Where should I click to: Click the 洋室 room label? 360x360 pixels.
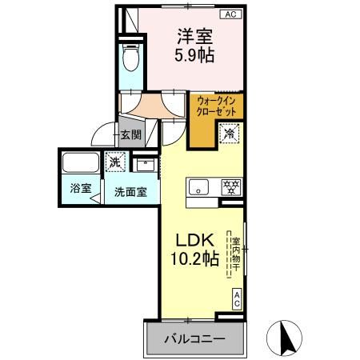pos(195,36)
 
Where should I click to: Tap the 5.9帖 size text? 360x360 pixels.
pos(194,55)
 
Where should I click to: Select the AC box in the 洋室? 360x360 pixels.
pos(230,14)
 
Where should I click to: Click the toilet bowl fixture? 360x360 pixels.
pos(130,58)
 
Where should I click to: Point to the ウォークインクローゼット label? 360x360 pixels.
pos(216,106)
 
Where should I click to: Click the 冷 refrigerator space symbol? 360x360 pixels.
pos(229,134)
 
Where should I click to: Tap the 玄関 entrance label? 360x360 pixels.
pos(130,135)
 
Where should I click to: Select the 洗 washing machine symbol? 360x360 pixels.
pos(115,162)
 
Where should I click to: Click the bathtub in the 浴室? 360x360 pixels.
pos(81,162)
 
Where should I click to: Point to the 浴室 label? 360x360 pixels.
pos(81,188)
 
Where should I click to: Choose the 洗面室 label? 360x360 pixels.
pos(130,192)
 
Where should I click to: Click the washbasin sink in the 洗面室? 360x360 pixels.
pos(145,165)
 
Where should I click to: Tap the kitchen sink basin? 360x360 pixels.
pos(198,186)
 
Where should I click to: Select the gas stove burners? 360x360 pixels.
pos(231,186)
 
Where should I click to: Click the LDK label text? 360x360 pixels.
pos(194,240)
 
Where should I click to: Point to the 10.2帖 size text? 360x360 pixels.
pos(194,258)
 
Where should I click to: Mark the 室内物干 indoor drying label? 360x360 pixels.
pos(236,254)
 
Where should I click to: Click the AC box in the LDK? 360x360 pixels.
pos(237,299)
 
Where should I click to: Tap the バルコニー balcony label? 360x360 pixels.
pos(194,339)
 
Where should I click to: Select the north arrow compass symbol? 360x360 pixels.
pos(284,338)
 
